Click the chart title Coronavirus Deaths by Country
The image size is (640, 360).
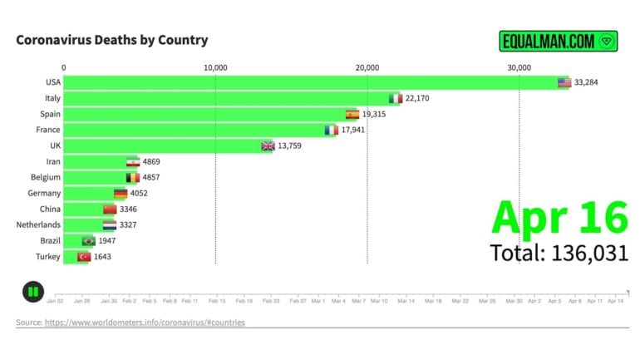[x=112, y=40]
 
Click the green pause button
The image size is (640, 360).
[x=32, y=292]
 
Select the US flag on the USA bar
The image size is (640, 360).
[x=564, y=82]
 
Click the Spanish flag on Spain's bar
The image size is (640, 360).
[x=352, y=114]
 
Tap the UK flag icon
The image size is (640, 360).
[x=268, y=145]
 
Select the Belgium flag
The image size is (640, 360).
[x=133, y=177]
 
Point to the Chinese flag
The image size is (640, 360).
[x=110, y=209]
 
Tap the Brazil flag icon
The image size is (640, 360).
[x=89, y=240]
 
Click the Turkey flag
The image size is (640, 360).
[x=83, y=256]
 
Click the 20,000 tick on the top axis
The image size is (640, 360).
[x=367, y=67]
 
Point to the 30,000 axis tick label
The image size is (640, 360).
[x=519, y=67]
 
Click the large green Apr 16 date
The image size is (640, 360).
[x=559, y=217]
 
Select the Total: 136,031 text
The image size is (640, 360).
[x=559, y=253]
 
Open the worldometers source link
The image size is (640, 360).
[x=145, y=322]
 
